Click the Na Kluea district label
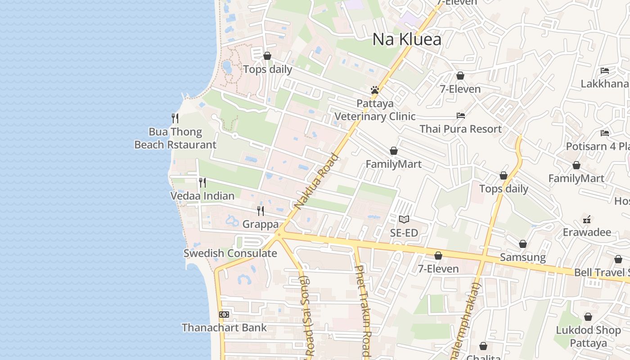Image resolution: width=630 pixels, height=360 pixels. pos(407,40)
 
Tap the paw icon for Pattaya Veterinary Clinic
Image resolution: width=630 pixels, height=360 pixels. pos(375,90)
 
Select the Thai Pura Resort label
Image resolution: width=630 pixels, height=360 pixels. pos(460,129)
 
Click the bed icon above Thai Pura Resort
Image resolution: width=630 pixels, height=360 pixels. pos(461,116)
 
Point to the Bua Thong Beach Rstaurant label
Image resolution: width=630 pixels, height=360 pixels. pos(175,138)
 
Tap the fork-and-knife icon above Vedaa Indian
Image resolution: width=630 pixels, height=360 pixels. pos(202,182)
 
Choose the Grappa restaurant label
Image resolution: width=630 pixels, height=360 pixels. pos(261,224)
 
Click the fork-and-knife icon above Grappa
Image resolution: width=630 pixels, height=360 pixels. pos(261,211)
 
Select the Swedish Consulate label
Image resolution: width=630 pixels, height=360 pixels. pos(230,253)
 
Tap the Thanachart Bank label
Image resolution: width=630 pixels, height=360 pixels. pos(224,328)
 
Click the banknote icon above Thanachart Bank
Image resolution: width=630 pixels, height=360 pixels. pos(224,315)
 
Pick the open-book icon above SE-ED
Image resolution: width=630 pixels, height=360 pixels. pos(404,220)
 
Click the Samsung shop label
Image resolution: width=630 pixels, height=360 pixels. pos(523,257)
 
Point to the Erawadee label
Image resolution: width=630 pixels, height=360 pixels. pos(587,233)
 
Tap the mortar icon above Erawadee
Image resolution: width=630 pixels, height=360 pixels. pos(587,220)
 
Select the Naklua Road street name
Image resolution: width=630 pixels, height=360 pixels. pos(316,182)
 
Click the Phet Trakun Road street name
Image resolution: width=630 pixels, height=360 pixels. pos(363,310)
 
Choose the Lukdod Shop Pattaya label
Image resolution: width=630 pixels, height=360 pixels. pos(588,337)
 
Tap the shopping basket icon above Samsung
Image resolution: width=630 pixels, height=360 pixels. pos(523,244)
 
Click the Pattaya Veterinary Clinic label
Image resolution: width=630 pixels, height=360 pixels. pos(375,110)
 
